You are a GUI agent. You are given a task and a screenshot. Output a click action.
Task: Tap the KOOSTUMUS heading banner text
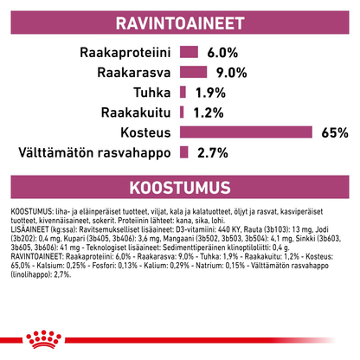pos(179,188)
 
